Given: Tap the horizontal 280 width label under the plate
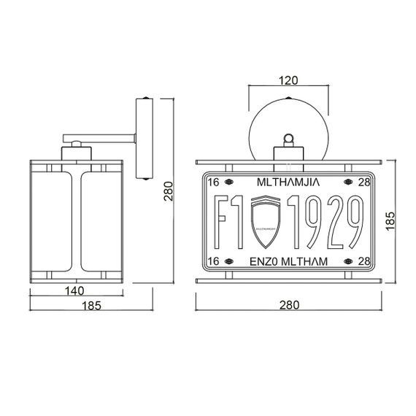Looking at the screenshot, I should (x=290, y=304).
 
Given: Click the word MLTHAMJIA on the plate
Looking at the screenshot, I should (x=290, y=181).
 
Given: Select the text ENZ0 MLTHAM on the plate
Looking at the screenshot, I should (x=290, y=261).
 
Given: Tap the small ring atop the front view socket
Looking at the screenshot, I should (x=290, y=137).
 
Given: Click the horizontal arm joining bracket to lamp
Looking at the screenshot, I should (x=102, y=136).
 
